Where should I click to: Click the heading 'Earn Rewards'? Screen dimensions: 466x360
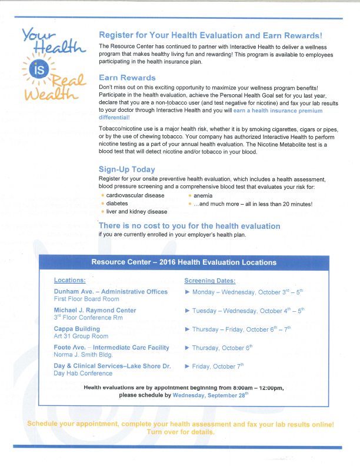pos(127,78)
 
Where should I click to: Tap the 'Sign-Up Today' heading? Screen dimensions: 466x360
pos(127,169)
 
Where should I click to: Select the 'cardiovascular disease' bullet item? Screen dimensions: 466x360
pos(135,195)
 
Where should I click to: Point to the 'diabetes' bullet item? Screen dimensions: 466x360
pos(118,204)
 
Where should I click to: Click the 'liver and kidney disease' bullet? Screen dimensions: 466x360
pos(136,212)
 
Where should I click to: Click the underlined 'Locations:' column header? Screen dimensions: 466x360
pos(69,281)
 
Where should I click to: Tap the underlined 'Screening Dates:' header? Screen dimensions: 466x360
pos(209,281)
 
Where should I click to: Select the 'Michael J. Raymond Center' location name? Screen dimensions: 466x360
pos(95,310)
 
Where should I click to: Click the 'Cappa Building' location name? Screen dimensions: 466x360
pos(77,329)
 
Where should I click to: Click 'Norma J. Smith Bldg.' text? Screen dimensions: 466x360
pos(83,355)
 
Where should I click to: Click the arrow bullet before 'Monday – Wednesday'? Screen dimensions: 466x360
pos(187,292)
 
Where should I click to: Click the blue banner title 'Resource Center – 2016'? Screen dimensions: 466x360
pos(184,262)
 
